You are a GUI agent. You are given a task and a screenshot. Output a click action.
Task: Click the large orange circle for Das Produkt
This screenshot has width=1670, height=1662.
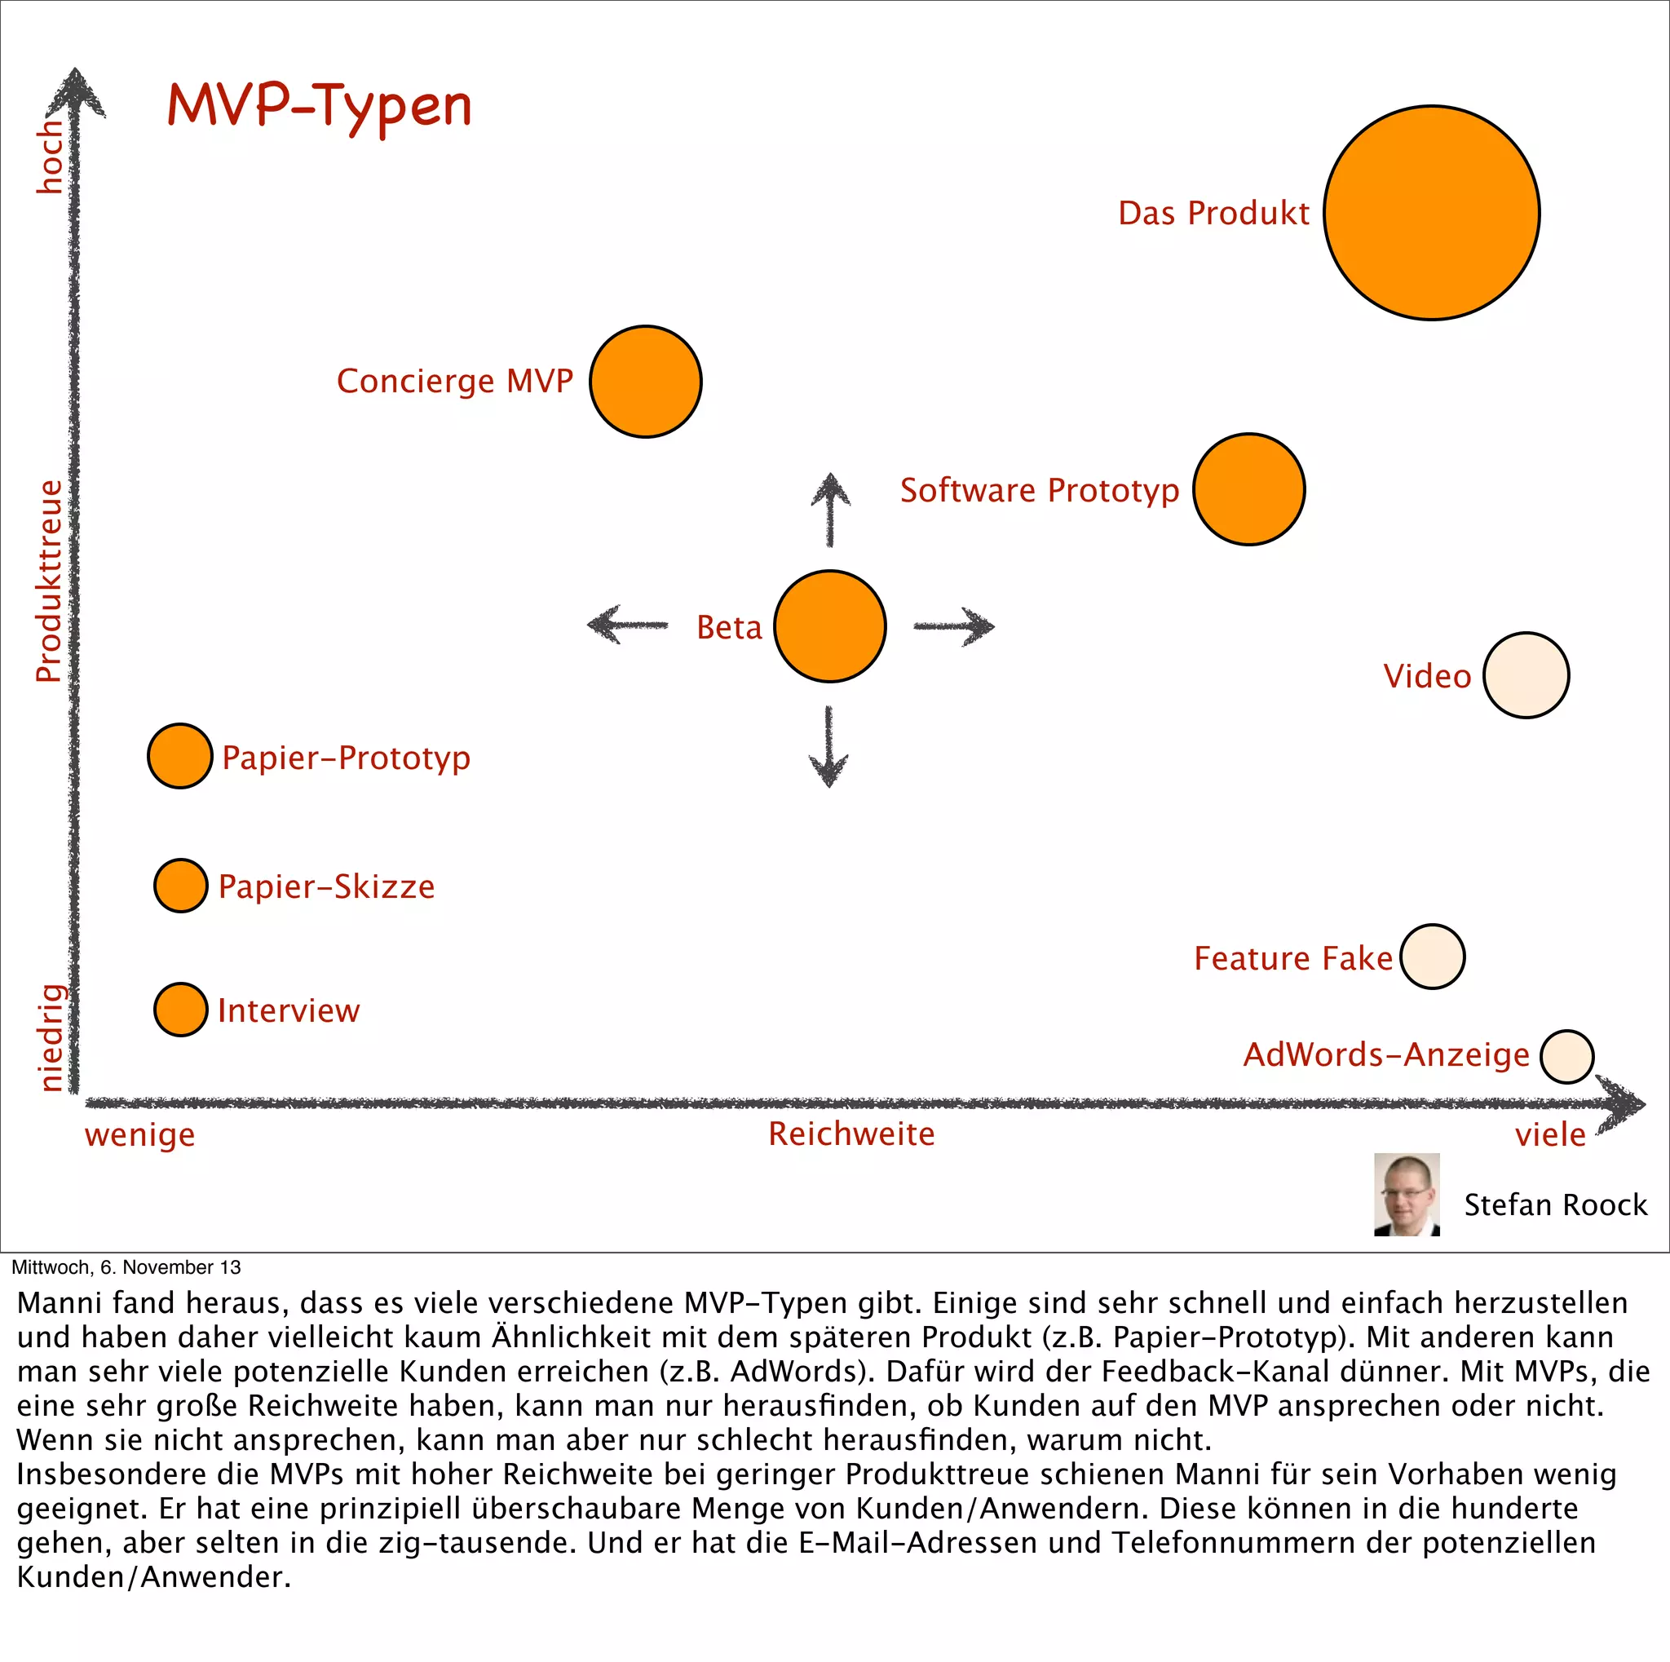pyautogui.click(x=1431, y=213)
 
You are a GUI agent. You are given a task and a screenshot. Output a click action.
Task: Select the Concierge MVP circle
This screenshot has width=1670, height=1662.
pyautogui.click(x=646, y=381)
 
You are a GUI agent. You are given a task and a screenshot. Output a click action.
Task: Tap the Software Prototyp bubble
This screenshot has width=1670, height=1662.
pyautogui.click(x=1248, y=489)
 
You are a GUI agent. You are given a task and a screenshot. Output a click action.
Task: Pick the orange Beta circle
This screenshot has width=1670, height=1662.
pyautogui.click(x=830, y=625)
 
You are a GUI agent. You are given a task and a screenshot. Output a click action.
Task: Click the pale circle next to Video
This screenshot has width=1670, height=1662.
pyautogui.click(x=1526, y=675)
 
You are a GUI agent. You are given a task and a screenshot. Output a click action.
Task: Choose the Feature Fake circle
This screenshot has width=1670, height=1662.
pyautogui.click(x=1432, y=957)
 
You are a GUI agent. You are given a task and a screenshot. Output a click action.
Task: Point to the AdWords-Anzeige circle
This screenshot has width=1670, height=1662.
pyautogui.click(x=1566, y=1056)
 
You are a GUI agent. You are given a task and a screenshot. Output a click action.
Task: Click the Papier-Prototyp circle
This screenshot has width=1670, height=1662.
pyautogui.click(x=179, y=756)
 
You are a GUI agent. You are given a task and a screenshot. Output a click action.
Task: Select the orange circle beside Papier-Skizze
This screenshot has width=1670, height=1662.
pyautogui.click(x=181, y=885)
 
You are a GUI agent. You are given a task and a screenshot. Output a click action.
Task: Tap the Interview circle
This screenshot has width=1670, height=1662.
pyautogui.click(x=181, y=1010)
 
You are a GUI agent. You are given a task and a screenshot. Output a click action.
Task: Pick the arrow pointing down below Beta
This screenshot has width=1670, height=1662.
pyautogui.click(x=829, y=746)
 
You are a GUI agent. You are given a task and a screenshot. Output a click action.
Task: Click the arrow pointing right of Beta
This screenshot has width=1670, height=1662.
pyautogui.click(x=953, y=625)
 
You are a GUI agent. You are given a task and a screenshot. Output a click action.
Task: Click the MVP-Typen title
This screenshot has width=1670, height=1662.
pyautogui.click(x=319, y=107)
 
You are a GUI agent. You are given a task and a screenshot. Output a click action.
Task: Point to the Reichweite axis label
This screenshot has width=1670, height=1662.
pyautogui.click(x=851, y=1134)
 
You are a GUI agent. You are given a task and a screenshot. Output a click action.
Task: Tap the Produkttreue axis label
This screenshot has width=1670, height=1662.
pyautogui.click(x=49, y=581)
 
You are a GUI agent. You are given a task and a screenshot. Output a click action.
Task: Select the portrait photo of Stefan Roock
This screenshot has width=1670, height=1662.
pyautogui.click(x=1407, y=1194)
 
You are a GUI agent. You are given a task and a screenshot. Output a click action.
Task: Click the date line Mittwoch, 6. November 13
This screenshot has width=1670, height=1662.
pyautogui.click(x=126, y=1267)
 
